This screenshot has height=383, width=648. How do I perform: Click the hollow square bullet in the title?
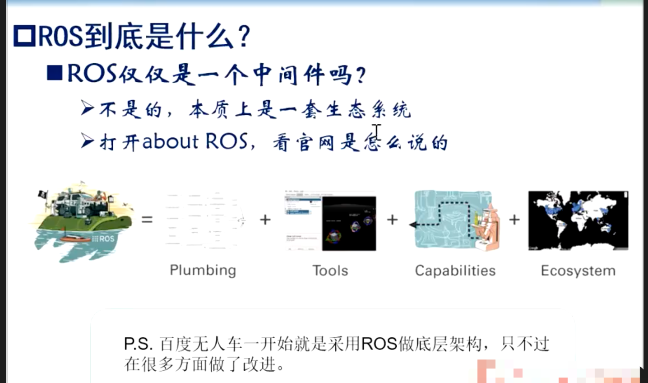(24, 36)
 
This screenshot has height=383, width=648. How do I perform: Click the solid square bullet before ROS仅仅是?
(55, 73)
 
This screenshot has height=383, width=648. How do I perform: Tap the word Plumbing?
(203, 271)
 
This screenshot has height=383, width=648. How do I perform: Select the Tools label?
(330, 271)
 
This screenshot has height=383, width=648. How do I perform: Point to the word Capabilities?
(455, 271)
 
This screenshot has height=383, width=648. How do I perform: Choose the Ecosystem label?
(578, 271)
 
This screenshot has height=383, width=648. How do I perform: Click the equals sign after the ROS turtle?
(147, 220)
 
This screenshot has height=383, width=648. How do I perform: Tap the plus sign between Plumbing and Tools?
(265, 220)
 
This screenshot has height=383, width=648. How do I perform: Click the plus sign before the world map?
(514, 220)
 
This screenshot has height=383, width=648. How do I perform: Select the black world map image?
(578, 220)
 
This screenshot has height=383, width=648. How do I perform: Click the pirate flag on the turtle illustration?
(43, 194)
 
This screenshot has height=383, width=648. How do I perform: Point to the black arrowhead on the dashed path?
(413, 224)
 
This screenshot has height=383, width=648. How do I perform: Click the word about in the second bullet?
(171, 141)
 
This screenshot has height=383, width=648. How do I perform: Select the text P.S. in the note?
(138, 344)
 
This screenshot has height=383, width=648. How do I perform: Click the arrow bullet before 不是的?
(88, 107)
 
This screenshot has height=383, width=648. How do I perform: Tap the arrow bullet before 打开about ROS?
(88, 141)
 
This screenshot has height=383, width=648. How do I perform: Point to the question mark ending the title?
(245, 36)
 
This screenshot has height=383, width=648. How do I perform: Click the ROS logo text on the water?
(103, 239)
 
